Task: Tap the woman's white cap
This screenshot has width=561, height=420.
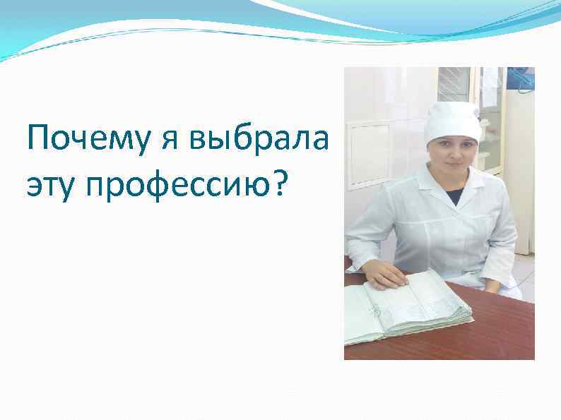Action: click(x=453, y=120)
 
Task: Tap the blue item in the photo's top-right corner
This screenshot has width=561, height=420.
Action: click(x=524, y=78)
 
